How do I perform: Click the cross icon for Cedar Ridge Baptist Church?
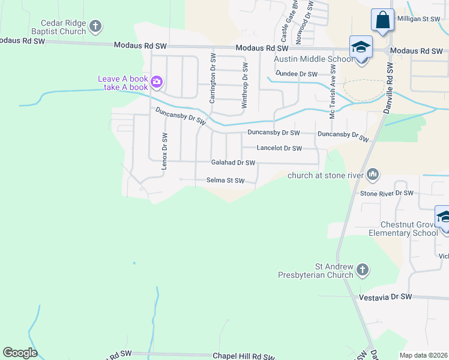tap(95, 26)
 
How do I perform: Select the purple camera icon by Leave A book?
tap(157, 81)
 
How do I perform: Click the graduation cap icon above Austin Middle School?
tap(361, 47)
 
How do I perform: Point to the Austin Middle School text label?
tap(314, 59)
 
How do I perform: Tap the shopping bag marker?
tap(382, 20)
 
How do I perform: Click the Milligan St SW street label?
tap(423, 19)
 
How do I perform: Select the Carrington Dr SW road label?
tap(212, 77)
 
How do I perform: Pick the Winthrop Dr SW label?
tap(244, 85)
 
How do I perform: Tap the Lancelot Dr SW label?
tap(279, 148)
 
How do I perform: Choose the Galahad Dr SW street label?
tap(233, 163)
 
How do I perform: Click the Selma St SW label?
tap(226, 180)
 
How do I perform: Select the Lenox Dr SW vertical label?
tap(164, 151)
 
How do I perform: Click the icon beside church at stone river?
tap(373, 175)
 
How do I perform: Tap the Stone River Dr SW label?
tap(387, 193)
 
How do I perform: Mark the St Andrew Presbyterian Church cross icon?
tap(362, 271)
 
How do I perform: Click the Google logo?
tap(20, 352)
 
